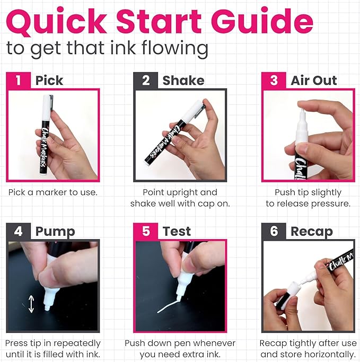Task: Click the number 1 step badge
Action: [19, 81]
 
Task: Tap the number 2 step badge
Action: [146, 81]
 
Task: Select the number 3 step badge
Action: [274, 81]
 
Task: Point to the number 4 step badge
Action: [19, 231]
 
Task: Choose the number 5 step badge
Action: [146, 231]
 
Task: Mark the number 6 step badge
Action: [274, 231]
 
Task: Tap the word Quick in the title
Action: [57, 22]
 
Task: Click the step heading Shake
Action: [183, 81]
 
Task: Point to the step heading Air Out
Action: [314, 81]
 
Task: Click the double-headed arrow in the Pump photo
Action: [31, 304]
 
